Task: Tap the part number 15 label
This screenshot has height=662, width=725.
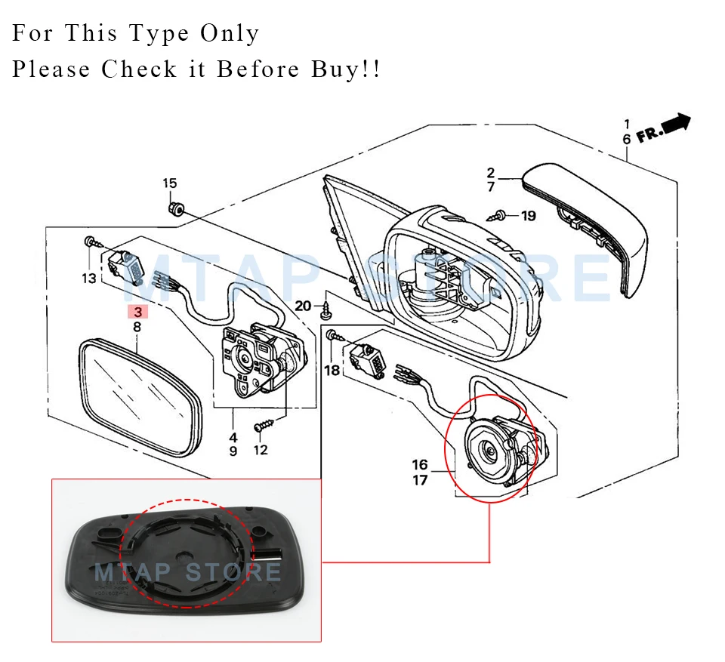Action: click(x=170, y=183)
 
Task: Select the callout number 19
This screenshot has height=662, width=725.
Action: click(x=528, y=216)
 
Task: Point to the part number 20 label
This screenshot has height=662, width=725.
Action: click(x=303, y=306)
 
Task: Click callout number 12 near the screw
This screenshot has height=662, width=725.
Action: click(x=261, y=451)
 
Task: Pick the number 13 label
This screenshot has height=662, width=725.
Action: click(x=89, y=279)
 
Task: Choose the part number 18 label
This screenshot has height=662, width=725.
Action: click(x=332, y=370)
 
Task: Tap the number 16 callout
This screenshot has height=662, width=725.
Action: click(x=420, y=464)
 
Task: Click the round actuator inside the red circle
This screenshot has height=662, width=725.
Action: click(x=491, y=451)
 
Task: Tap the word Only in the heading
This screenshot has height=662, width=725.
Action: click(x=230, y=33)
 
